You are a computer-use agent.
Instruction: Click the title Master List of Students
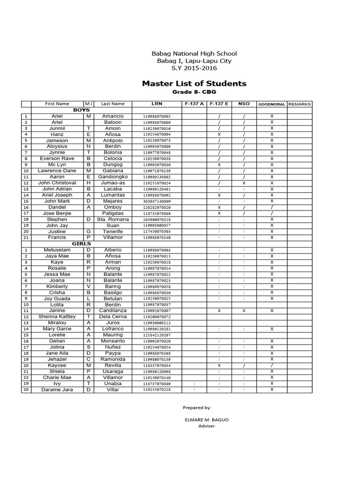(x=194, y=83)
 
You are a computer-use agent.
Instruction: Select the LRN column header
(x=157, y=104)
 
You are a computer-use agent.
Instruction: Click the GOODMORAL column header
(x=271, y=104)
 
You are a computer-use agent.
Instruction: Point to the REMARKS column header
(x=299, y=104)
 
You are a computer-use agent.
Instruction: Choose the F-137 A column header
(x=194, y=104)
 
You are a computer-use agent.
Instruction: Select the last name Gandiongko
(x=112, y=177)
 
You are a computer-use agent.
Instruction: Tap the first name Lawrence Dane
(x=57, y=171)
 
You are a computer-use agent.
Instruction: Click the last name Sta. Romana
(x=112, y=219)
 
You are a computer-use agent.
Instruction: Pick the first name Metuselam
(x=57, y=250)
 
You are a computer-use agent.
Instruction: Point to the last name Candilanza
(x=112, y=311)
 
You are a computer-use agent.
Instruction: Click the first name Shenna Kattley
(x=57, y=317)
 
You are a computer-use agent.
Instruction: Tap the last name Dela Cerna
(x=112, y=317)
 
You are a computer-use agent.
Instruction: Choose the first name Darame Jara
(x=57, y=390)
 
